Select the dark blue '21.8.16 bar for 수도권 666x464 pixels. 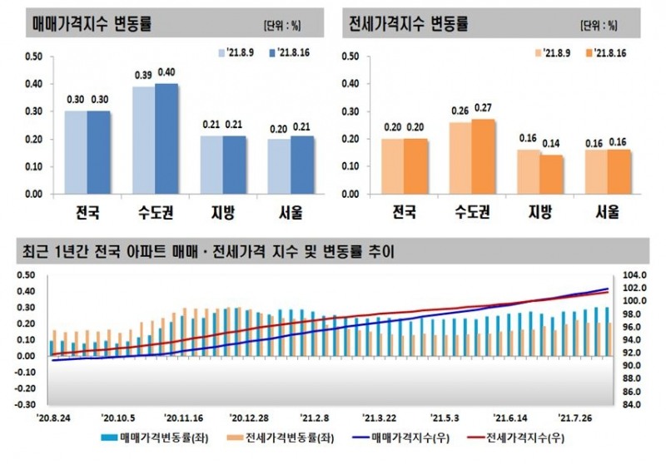[166, 139]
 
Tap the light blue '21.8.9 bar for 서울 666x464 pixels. [279, 166]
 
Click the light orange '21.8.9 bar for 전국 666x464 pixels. [392, 166]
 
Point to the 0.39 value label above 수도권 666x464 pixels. [143, 77]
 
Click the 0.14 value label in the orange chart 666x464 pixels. [552, 144]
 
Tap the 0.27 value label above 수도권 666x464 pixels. [483, 108]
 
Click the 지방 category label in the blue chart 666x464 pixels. [224, 213]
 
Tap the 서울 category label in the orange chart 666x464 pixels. [607, 213]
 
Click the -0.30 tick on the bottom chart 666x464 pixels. [27, 404]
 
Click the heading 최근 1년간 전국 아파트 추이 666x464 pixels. [208, 250]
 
